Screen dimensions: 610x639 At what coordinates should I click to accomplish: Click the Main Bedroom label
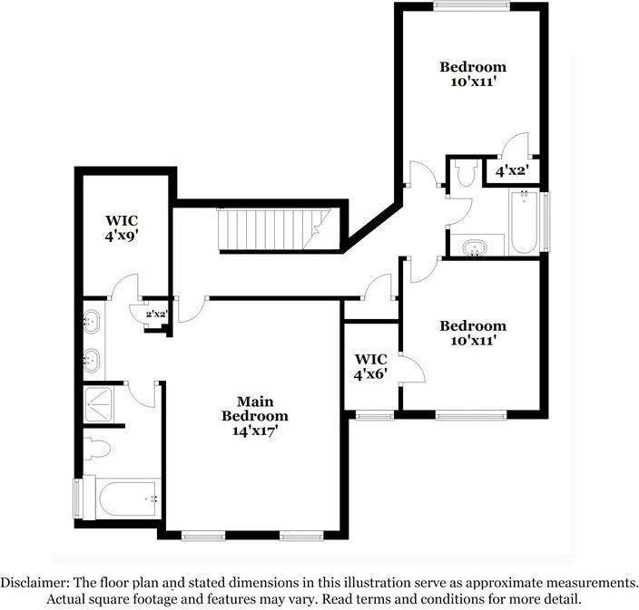point(255,408)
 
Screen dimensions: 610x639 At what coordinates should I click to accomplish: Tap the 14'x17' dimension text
point(255,431)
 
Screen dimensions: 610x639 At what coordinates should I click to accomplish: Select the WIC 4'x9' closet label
point(122,227)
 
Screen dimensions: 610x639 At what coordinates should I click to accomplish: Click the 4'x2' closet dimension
point(512,169)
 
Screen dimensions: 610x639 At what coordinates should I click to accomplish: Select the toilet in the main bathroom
point(96,448)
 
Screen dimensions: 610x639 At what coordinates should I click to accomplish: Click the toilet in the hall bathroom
point(467,173)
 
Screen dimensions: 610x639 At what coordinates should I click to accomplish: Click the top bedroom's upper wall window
point(470,6)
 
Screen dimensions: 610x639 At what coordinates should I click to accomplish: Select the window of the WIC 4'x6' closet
point(373,416)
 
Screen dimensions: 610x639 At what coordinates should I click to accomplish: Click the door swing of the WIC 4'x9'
point(123,286)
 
